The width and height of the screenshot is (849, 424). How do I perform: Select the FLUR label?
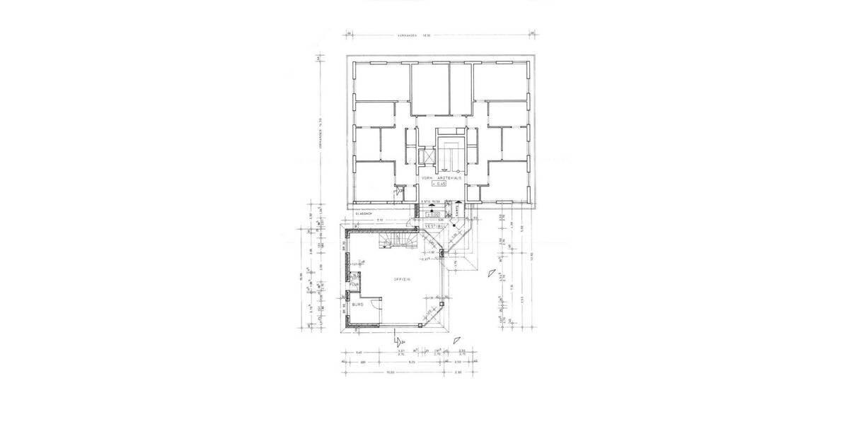pyautogui.click(x=354, y=284)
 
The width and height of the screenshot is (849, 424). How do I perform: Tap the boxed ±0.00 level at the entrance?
pyautogui.click(x=433, y=213)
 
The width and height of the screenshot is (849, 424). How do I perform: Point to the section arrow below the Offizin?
pyautogui.click(x=398, y=341)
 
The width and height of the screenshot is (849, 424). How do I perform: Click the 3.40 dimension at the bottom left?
pyautogui.click(x=359, y=352)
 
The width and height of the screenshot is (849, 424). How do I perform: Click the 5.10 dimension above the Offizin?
pyautogui.click(x=379, y=220)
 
